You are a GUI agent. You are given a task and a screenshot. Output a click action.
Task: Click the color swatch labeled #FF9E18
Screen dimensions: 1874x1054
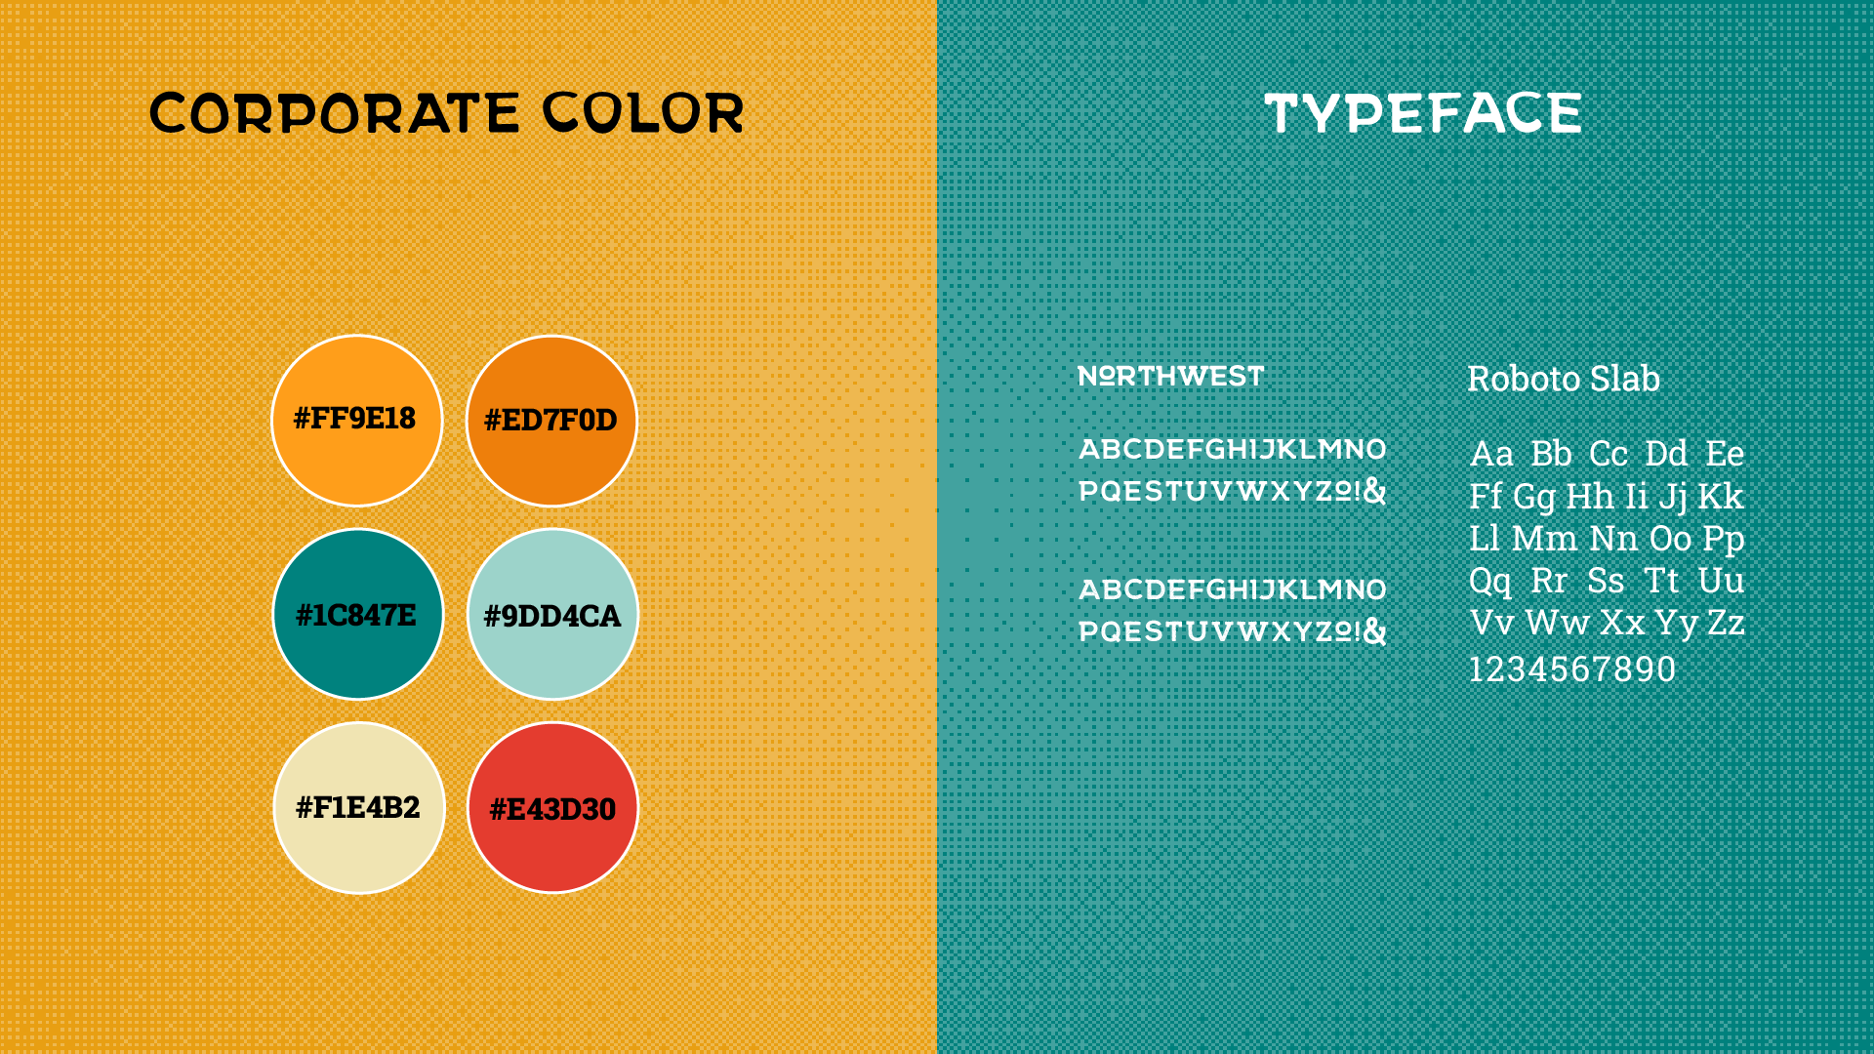tap(357, 421)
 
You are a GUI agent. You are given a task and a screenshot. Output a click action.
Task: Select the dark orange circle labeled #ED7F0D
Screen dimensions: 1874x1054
tap(551, 421)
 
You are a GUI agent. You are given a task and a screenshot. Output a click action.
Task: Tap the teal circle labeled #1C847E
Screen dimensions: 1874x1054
tap(358, 615)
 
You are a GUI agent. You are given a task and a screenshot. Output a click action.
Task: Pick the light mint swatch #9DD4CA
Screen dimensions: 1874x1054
tap(552, 615)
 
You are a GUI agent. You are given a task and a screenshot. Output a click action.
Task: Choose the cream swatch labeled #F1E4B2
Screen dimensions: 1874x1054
tap(359, 808)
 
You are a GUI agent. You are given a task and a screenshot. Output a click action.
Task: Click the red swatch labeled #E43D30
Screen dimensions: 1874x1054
tap(552, 808)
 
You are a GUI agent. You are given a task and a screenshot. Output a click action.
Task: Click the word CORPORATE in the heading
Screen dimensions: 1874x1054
tap(334, 113)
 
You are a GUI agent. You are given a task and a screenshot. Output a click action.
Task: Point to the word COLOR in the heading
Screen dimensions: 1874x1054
tap(643, 113)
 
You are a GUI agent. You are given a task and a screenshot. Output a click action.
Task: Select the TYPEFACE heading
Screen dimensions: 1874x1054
tap(1423, 113)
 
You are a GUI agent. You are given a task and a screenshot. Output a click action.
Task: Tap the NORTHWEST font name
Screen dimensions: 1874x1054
tap(1171, 376)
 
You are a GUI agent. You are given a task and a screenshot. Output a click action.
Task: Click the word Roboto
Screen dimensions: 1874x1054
tap(1525, 379)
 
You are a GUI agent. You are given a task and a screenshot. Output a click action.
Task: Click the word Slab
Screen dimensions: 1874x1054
tap(1626, 379)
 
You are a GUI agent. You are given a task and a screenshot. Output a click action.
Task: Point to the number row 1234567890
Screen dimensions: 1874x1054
tap(1572, 669)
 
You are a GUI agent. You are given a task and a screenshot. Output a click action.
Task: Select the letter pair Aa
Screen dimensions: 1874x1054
tap(1491, 454)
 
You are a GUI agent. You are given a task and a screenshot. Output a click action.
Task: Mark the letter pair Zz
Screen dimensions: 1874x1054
tap(1726, 623)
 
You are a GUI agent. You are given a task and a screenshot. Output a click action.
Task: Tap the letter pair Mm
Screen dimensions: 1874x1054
tap(1545, 539)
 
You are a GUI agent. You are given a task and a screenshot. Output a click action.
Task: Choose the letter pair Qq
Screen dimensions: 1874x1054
tap(1490, 583)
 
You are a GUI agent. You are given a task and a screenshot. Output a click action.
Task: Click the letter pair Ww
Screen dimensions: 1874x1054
tap(1558, 623)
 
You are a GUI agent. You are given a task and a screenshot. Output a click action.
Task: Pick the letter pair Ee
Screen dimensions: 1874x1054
tap(1726, 454)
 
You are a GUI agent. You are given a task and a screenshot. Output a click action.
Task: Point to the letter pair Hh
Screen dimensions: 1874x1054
tap(1590, 497)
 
